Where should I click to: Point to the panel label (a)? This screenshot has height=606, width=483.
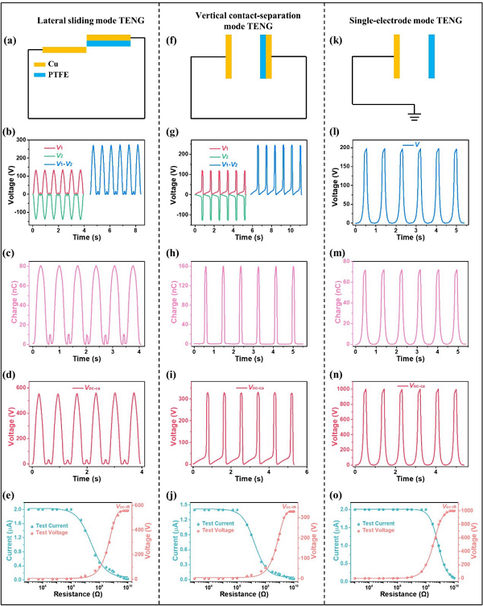(x=14, y=38)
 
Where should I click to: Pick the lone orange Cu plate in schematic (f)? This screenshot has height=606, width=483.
(x=229, y=56)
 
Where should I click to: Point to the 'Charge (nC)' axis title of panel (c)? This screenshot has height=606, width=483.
(x=14, y=301)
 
